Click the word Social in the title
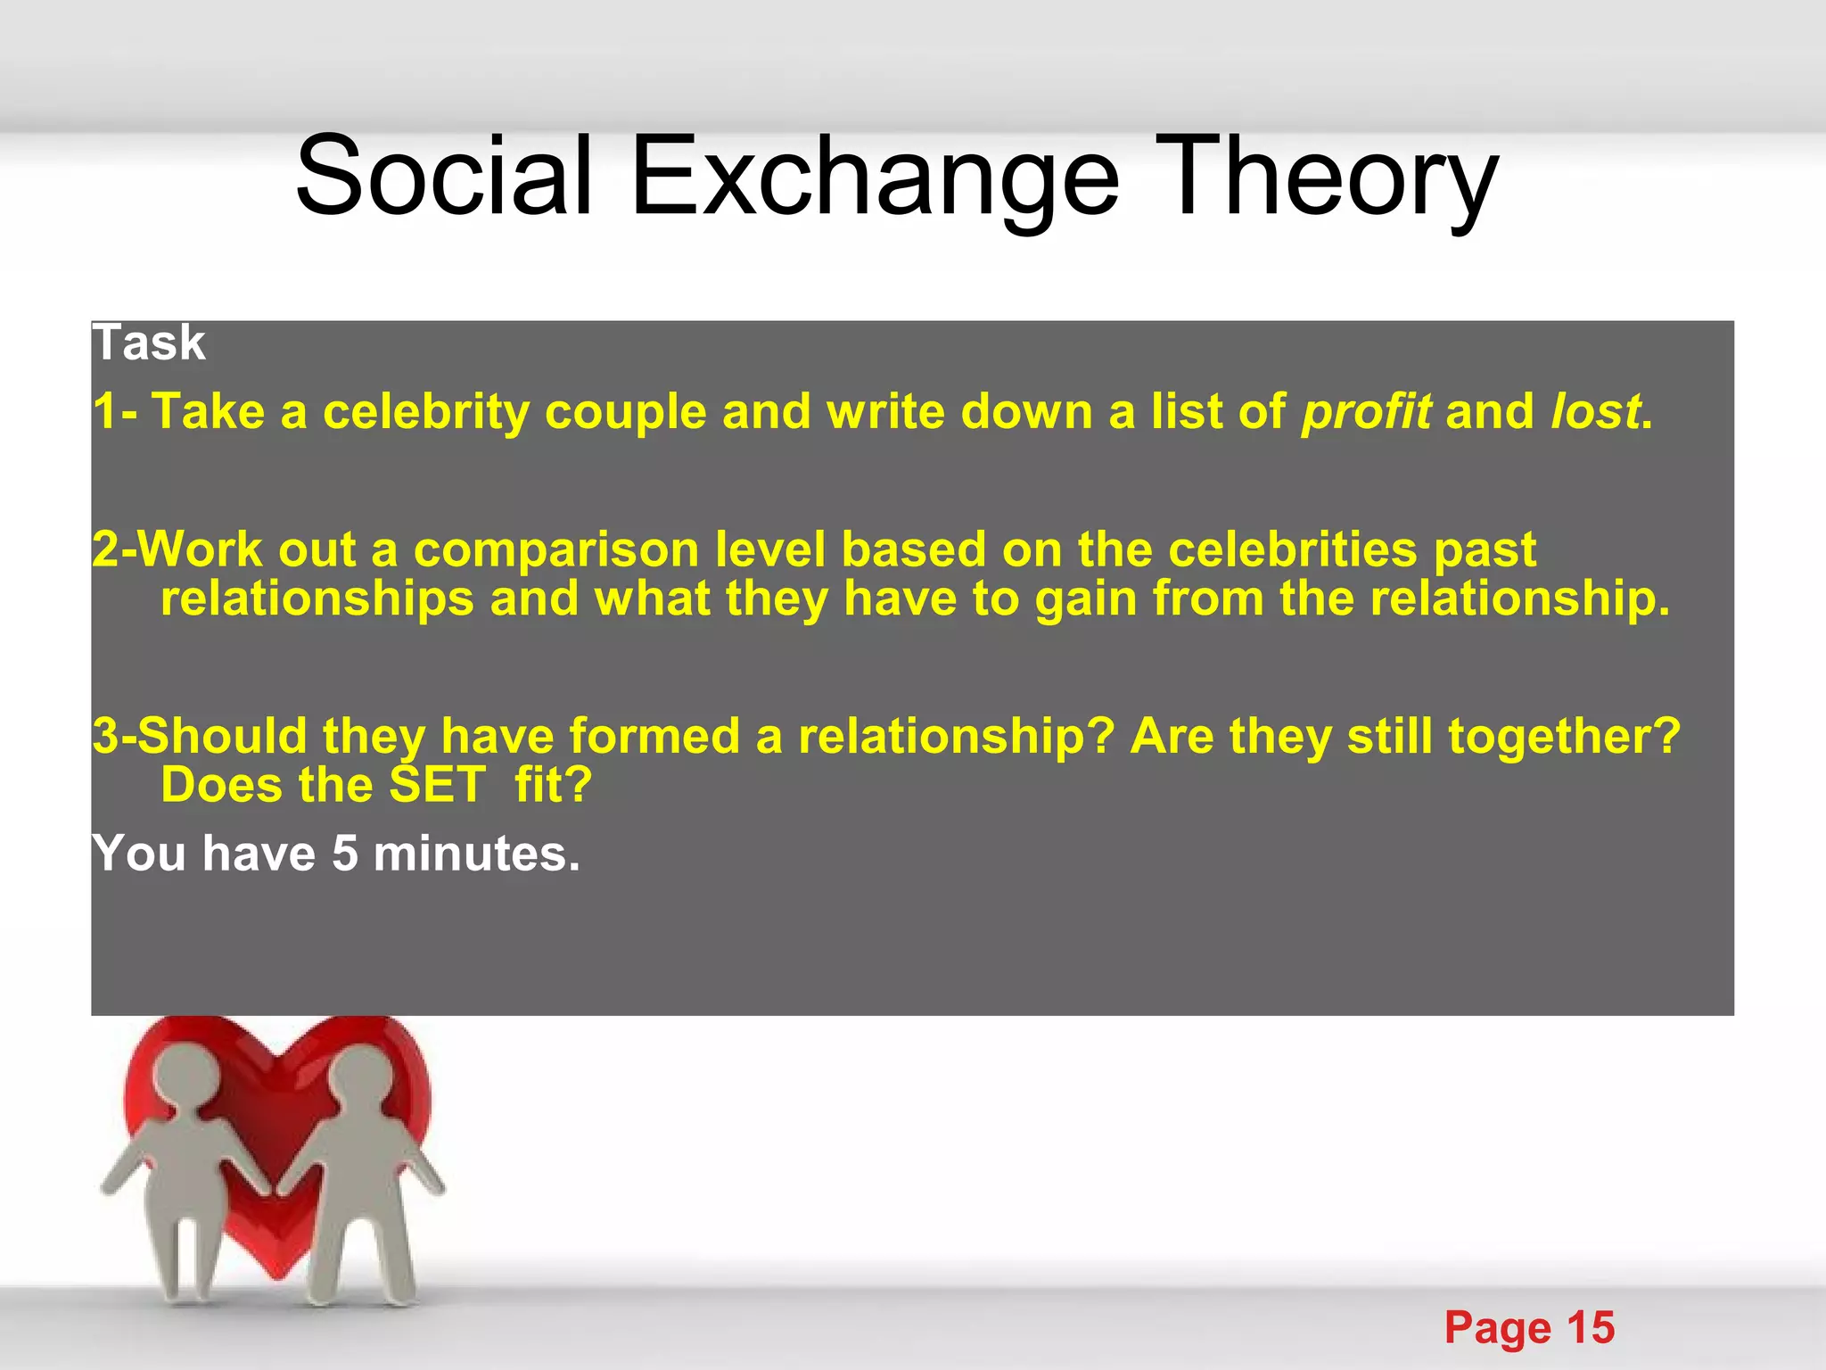point(444,176)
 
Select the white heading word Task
point(149,342)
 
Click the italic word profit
point(1366,413)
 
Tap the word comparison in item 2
point(556,549)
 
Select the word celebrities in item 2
point(1292,549)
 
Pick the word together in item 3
point(1556,737)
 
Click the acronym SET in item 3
point(438,785)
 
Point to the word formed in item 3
point(654,737)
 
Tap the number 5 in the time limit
point(344,854)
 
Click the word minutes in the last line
point(476,854)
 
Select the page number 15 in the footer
point(1591,1327)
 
